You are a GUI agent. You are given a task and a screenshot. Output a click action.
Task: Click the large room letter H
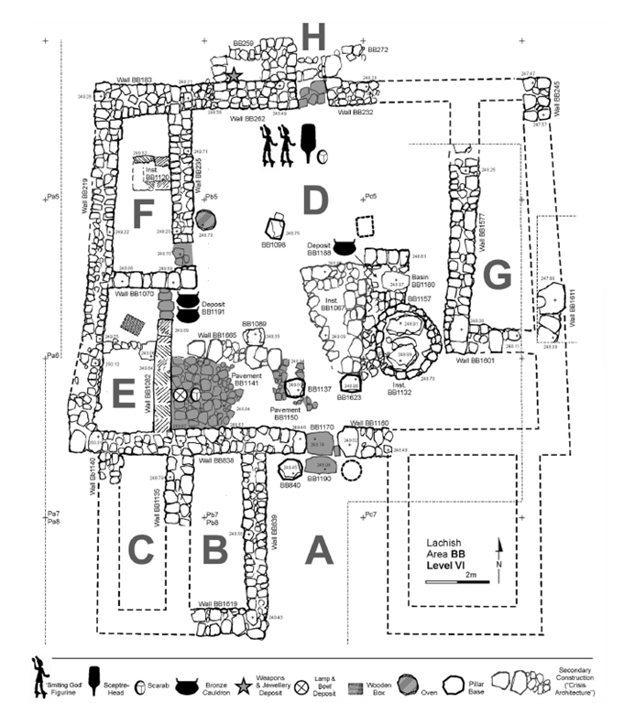point(314,38)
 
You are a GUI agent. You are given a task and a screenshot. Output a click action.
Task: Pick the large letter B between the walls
point(214,549)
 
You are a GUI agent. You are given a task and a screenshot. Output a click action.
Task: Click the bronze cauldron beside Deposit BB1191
point(187,302)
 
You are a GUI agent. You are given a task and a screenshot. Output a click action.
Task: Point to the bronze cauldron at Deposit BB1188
point(345,247)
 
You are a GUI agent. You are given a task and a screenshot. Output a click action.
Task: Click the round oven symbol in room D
point(204,221)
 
